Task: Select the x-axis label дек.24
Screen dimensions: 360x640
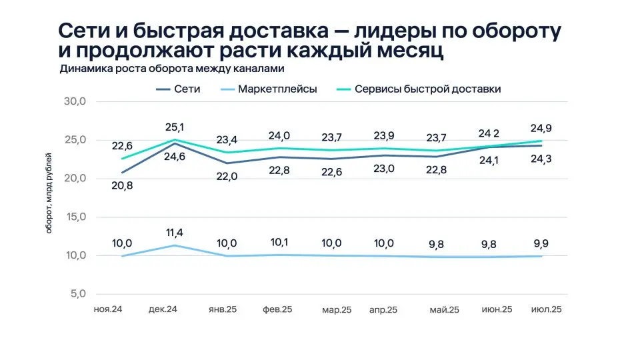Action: tap(162, 309)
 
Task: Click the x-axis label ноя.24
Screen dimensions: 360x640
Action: tap(107, 309)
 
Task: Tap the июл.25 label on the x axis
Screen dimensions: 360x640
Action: tap(545, 309)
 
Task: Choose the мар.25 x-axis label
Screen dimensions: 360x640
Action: tap(337, 310)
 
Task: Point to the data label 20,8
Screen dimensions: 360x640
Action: tap(121, 186)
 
